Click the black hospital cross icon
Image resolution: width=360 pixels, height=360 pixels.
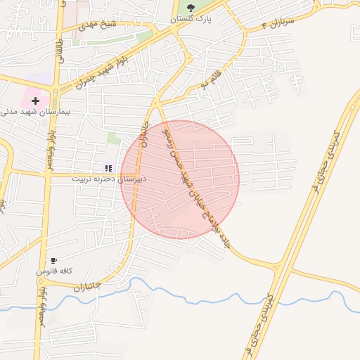(35, 101)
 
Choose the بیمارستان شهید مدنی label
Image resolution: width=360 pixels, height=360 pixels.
(28, 112)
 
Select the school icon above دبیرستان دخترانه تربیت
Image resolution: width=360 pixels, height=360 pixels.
(108, 168)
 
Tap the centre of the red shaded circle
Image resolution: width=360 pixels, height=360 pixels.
(180, 179)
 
